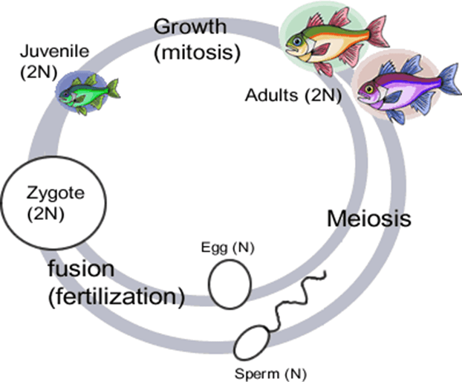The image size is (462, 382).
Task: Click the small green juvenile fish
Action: click(x=87, y=91)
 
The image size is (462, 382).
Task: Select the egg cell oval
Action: click(x=230, y=283)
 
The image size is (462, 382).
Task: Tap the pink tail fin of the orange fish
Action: click(x=377, y=31)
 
